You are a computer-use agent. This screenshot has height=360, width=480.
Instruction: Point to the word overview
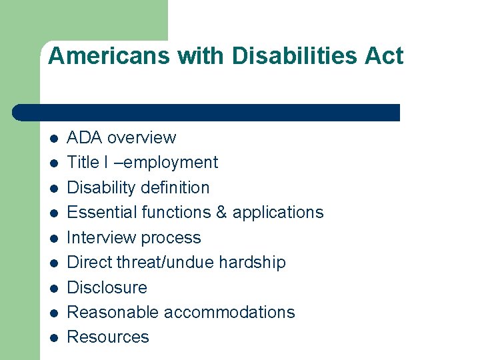[x=141, y=138]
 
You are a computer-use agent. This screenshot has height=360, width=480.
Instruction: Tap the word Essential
[x=97, y=213]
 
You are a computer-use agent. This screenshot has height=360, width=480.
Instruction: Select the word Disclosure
[x=107, y=287]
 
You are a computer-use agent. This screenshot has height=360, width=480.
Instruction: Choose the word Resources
[x=108, y=337]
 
